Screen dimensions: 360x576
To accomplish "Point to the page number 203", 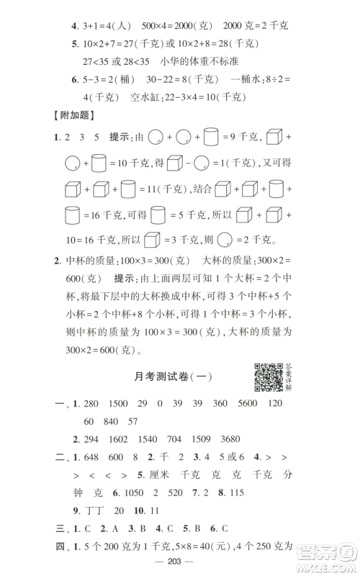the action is [x=180, y=561].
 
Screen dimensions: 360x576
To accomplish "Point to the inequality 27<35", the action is [x=99, y=63].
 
